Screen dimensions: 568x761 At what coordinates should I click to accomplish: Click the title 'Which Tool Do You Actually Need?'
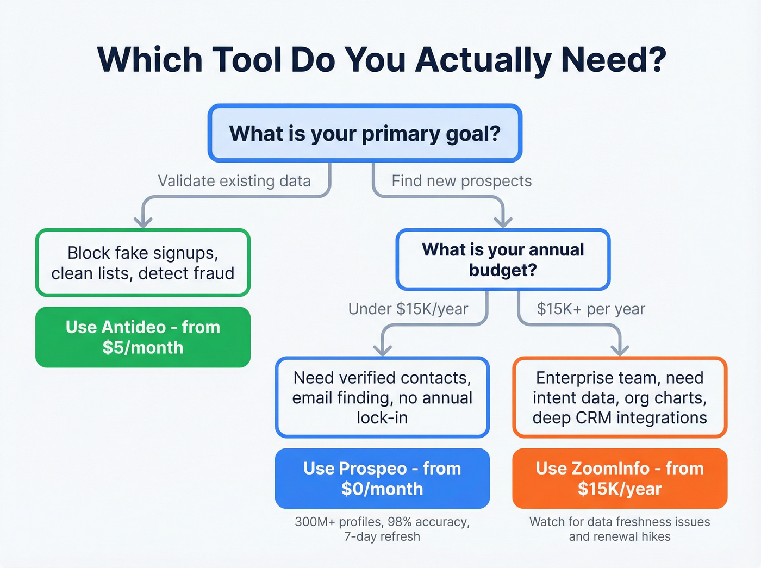(382, 60)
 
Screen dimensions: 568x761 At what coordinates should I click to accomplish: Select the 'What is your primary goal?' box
(365, 134)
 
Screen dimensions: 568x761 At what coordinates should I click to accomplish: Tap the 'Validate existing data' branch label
(234, 181)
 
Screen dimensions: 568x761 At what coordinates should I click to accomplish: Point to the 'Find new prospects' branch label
(461, 181)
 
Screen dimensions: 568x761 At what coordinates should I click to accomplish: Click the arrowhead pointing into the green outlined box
(143, 222)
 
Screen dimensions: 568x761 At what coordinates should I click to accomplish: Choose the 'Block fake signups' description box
(143, 263)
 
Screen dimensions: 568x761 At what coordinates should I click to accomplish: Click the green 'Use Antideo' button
(143, 337)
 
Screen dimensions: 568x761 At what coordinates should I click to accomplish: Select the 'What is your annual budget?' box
(503, 260)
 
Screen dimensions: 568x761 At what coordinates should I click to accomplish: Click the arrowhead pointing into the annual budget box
(503, 222)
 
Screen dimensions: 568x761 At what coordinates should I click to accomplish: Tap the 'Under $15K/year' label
(408, 309)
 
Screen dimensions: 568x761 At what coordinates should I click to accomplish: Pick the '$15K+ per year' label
(591, 309)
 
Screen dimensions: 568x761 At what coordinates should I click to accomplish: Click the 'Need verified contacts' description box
(382, 397)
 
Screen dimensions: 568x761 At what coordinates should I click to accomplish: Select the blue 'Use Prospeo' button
(382, 478)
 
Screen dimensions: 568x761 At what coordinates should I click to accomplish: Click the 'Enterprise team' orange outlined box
(620, 397)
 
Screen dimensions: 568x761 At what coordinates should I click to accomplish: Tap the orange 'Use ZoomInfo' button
(620, 478)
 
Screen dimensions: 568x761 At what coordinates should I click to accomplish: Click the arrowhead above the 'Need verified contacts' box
(383, 350)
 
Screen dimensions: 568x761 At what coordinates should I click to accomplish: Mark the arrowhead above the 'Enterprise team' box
(620, 350)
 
